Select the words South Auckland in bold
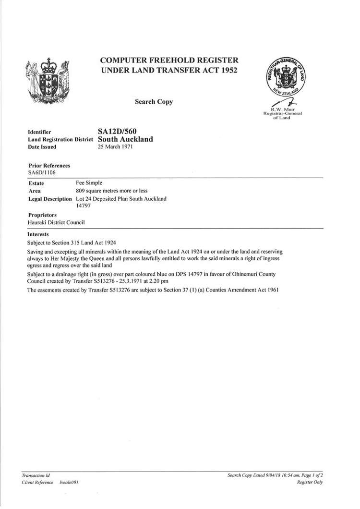point(125,139)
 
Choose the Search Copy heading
point(154,102)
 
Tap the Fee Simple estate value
point(90,183)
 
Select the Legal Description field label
point(51,199)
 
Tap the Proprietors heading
point(43,215)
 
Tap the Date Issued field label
point(42,147)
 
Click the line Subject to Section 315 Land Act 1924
point(72,242)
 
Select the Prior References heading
point(49,165)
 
